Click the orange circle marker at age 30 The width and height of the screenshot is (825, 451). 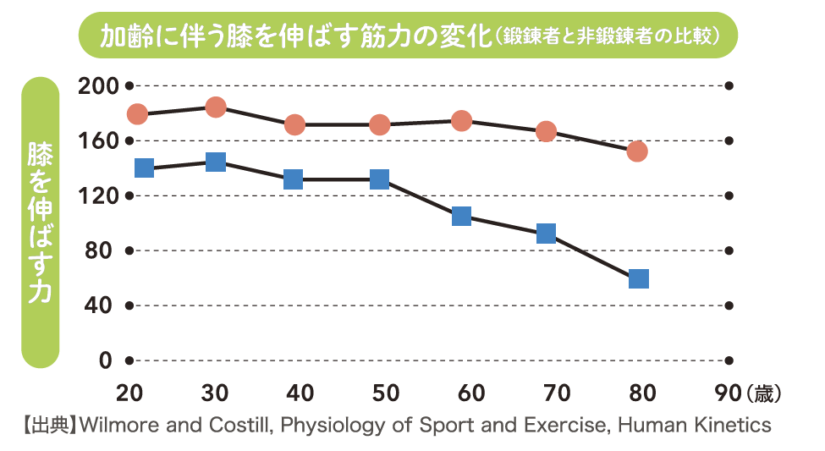(215, 107)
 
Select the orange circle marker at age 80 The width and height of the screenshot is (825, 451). (637, 151)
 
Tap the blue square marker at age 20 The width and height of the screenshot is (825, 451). (144, 168)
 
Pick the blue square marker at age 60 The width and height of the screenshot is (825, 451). (461, 216)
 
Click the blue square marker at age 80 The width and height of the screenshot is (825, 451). (639, 278)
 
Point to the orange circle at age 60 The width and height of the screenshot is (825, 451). (461, 121)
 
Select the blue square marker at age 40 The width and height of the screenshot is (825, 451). (294, 179)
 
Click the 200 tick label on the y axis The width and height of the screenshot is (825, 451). (95, 85)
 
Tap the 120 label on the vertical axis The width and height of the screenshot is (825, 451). (95, 195)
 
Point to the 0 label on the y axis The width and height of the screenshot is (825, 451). (105, 360)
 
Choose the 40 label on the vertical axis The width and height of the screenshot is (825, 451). (100, 305)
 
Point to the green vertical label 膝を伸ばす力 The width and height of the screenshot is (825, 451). (40, 223)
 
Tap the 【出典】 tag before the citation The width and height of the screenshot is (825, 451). (47, 424)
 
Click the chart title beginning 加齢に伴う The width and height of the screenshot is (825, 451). (296, 36)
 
